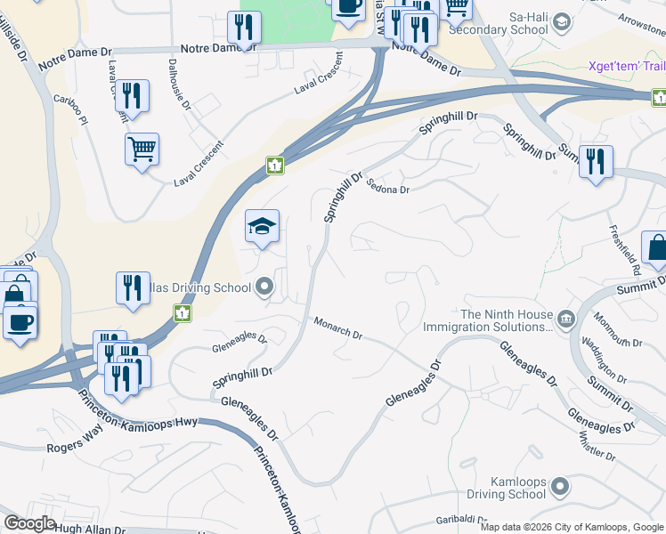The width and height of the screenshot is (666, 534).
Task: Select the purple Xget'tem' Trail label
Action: coord(627,66)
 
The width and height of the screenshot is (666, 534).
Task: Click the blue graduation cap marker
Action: coord(262,229)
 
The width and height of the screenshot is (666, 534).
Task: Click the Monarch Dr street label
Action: coord(338,328)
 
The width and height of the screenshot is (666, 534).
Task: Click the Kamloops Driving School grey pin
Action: coord(560,487)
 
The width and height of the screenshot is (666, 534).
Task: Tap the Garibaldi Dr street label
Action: coord(462,520)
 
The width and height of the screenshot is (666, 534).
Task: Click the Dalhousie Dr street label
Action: coord(179,85)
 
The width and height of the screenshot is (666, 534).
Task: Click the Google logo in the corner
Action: coord(29,523)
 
